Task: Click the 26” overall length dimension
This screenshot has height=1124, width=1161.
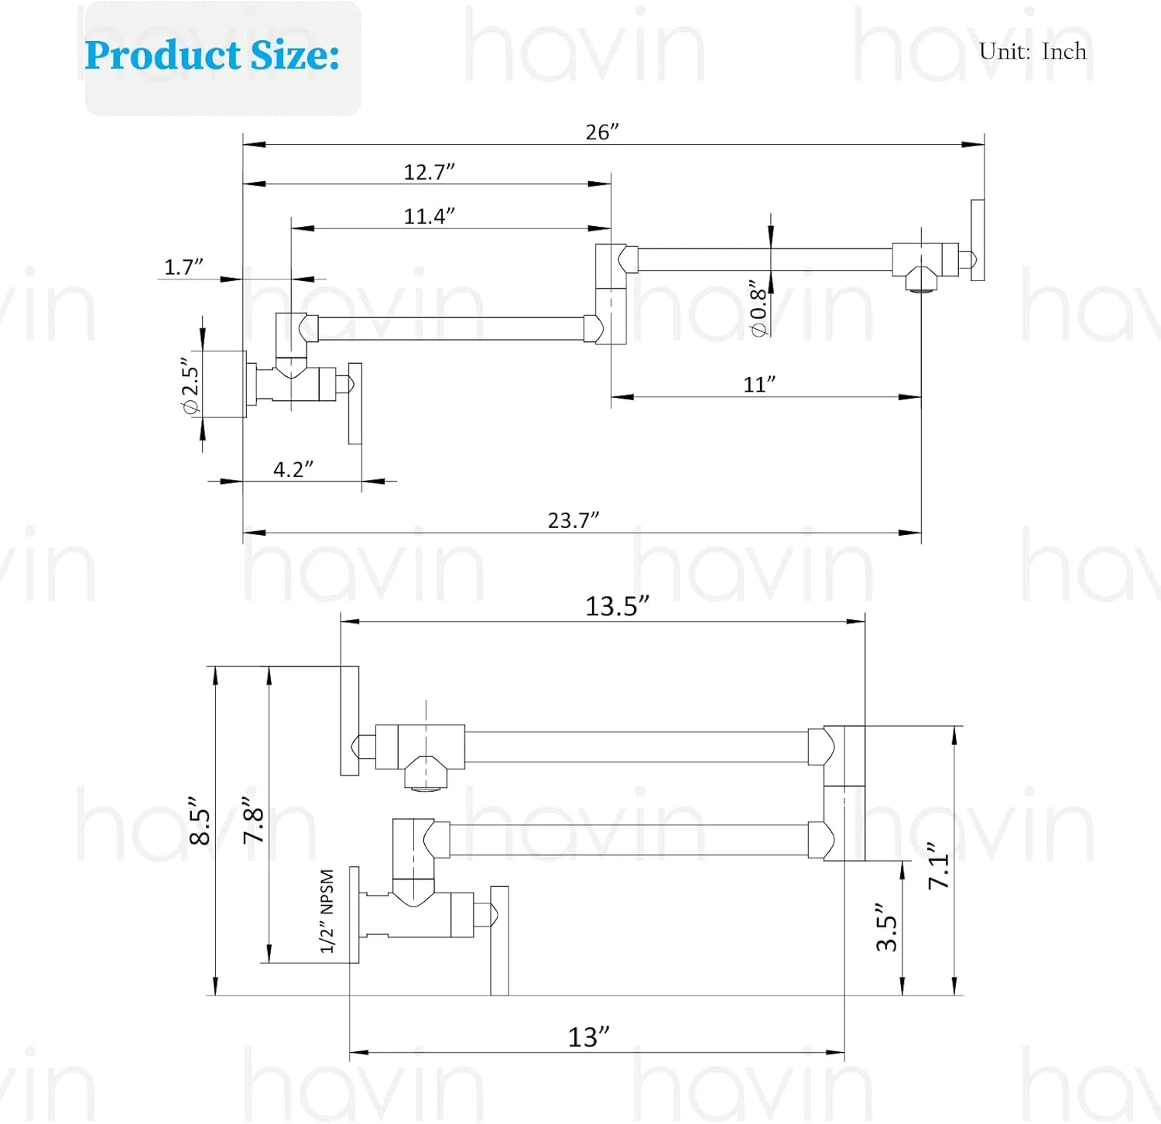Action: point(602,132)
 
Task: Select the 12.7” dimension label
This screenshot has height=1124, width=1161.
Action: point(429,171)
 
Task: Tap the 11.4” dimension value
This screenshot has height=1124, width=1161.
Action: point(429,215)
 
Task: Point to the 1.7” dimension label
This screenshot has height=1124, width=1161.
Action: point(183,267)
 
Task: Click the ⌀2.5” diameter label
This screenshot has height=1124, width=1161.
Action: point(190,386)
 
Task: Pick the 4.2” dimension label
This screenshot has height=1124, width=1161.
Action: point(293,469)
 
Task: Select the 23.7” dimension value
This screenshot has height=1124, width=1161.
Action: point(574,520)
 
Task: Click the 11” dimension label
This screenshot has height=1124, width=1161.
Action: point(759,384)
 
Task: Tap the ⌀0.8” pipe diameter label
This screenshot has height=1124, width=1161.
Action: point(759,308)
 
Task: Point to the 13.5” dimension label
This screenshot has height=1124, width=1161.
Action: point(617,606)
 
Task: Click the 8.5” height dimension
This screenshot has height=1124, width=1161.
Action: point(200,821)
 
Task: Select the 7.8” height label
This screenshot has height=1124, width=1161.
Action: point(254,821)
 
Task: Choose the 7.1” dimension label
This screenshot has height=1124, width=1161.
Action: point(939,865)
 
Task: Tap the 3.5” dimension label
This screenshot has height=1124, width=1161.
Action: point(887,927)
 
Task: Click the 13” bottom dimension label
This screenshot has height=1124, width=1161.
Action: point(589,1037)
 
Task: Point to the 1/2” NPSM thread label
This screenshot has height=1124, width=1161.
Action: point(327,911)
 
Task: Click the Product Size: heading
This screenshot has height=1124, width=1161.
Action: point(212,55)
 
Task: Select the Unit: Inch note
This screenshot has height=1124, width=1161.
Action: point(1033,51)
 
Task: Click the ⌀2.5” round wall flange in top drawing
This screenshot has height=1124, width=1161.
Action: point(224,384)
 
